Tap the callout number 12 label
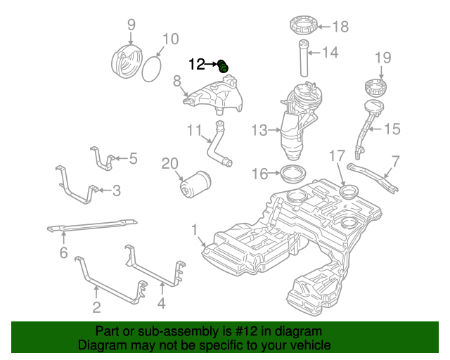[x=196, y=65]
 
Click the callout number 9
[x=131, y=26]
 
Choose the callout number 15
[x=392, y=129]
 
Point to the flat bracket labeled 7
[x=372, y=176]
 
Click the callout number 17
[x=337, y=155]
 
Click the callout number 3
[x=117, y=189]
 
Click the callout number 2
[x=96, y=307]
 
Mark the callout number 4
[x=162, y=304]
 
